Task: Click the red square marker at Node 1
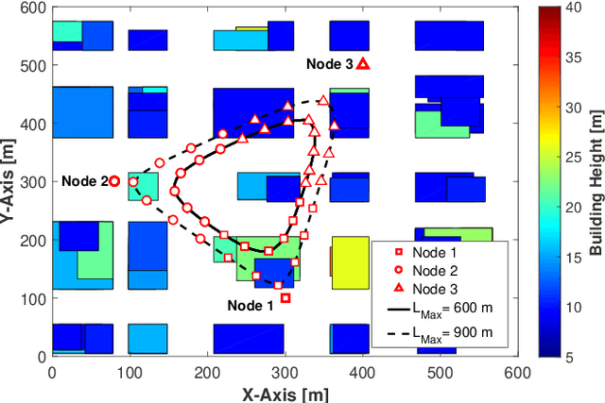point(285,298)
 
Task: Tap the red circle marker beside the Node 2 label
point(114,181)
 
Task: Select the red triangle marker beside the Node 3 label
point(363,64)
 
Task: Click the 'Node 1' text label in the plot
point(251,305)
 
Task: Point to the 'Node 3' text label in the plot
point(329,64)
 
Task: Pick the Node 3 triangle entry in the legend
point(437,289)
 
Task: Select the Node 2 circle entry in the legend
point(437,271)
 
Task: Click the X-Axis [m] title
point(284,394)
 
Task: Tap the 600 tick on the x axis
point(517,372)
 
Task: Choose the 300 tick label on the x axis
point(285,372)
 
